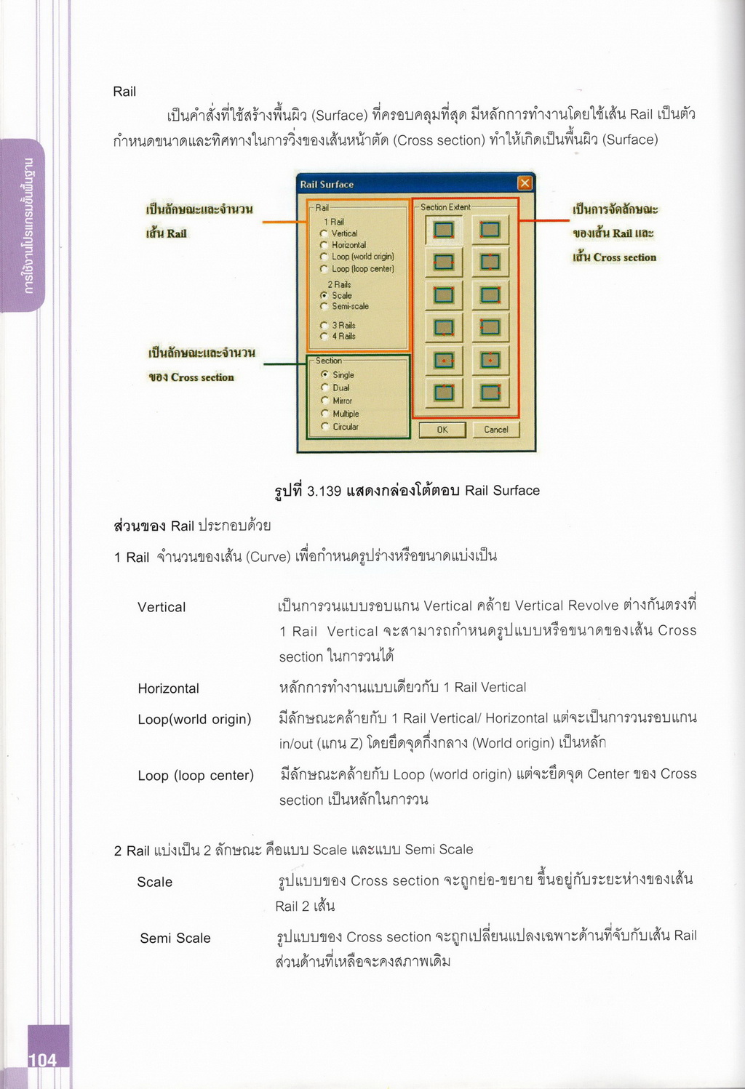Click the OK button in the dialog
[x=442, y=430]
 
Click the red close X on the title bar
[x=525, y=183]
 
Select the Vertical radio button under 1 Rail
[x=324, y=233]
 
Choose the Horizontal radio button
[x=324, y=245]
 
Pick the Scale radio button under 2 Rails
[x=324, y=296]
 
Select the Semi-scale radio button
[x=324, y=307]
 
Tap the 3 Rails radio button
[x=324, y=326]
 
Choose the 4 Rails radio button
[x=324, y=337]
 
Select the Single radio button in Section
[x=324, y=374]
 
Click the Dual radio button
[x=324, y=387]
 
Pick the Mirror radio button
[x=324, y=401]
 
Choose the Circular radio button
[x=324, y=427]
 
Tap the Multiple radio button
[x=324, y=414]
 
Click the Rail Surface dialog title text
[x=327, y=185]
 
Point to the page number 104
[x=42, y=1060]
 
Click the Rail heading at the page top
[x=124, y=92]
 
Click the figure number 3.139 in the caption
[x=324, y=491]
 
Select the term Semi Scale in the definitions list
[x=175, y=939]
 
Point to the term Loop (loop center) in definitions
[x=196, y=776]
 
